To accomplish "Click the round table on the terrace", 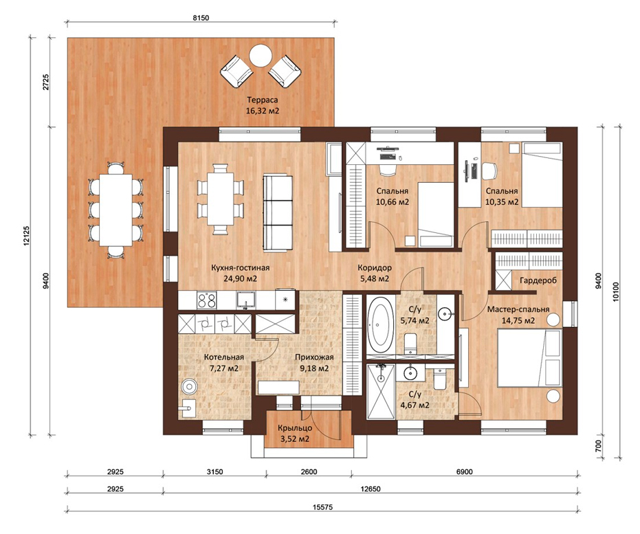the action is pyautogui.click(x=261, y=56).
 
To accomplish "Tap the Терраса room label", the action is pyautogui.click(x=262, y=100).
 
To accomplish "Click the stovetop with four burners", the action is pyautogui.click(x=206, y=300).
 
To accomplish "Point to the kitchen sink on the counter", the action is pyautogui.click(x=245, y=300).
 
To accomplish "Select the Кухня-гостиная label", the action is pyautogui.click(x=241, y=268).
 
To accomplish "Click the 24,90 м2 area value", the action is pyautogui.click(x=241, y=279).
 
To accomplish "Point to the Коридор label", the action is pyautogui.click(x=375, y=268).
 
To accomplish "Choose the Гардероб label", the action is pyautogui.click(x=538, y=280).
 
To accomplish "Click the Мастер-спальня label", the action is pyautogui.click(x=518, y=309).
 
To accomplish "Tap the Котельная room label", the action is pyautogui.click(x=224, y=357).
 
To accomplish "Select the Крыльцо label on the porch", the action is pyautogui.click(x=295, y=428).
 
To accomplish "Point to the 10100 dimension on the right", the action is pyautogui.click(x=616, y=291).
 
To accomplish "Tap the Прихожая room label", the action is pyautogui.click(x=314, y=357).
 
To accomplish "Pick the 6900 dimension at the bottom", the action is pyautogui.click(x=464, y=472).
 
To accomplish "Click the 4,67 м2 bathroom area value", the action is pyautogui.click(x=415, y=405).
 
